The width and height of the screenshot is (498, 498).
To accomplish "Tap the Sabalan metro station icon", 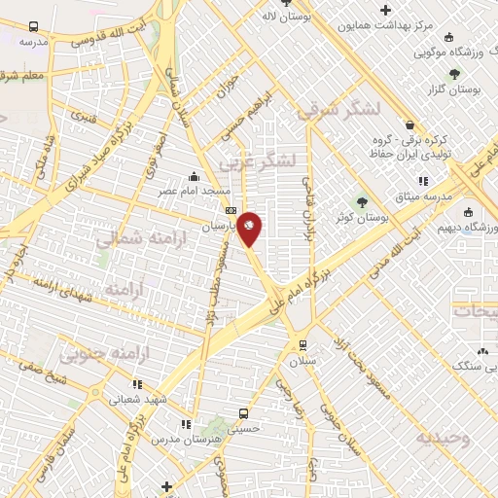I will (303, 344).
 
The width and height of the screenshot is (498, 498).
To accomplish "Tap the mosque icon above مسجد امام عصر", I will (195, 177).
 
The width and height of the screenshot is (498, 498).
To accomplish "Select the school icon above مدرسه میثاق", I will (422, 181).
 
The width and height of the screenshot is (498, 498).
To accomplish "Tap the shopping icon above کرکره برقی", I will (410, 124).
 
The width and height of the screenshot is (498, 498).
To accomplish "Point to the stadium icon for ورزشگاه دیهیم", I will (468, 213).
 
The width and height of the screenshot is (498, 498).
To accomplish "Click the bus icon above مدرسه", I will (35, 27).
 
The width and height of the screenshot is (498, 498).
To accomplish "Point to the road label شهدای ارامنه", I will (67, 295).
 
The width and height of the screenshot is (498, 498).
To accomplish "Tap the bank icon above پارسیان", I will (231, 210).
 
